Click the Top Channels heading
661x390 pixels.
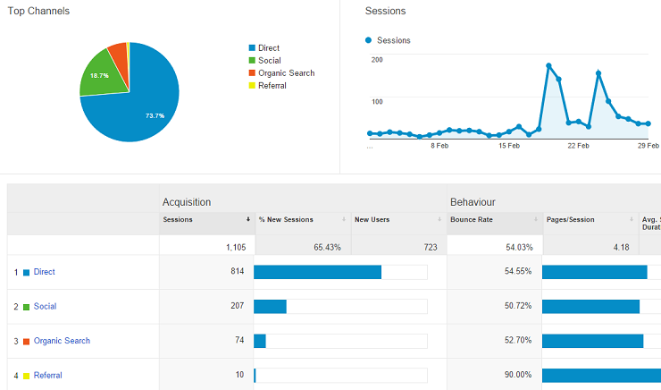(39, 11)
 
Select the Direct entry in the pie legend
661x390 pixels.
(268, 48)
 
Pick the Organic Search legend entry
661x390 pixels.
(286, 73)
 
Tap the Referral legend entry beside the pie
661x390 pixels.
(272, 86)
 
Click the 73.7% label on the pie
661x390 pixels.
(155, 115)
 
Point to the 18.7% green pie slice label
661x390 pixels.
(99, 76)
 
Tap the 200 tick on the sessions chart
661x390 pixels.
(376, 60)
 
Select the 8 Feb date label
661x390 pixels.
(439, 145)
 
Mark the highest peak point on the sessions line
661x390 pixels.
(548, 65)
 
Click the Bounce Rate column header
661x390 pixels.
(472, 219)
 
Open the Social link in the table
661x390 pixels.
(45, 307)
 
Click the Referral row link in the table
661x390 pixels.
(48, 376)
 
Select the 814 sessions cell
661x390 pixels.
(235, 272)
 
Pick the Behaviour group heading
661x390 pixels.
(473, 202)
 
